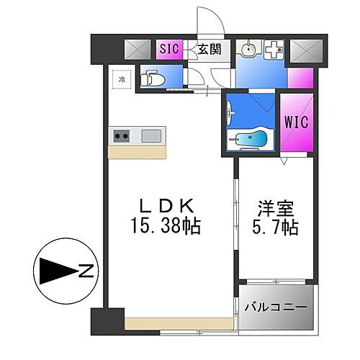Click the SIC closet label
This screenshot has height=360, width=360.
click(168, 49)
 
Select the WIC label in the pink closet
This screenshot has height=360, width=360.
click(297, 122)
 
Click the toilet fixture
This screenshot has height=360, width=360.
click(152, 78)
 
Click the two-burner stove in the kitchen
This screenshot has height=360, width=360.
click(121, 135)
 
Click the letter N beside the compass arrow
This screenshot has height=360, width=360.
click(86, 271)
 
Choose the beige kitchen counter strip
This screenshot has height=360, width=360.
click(137, 151)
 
